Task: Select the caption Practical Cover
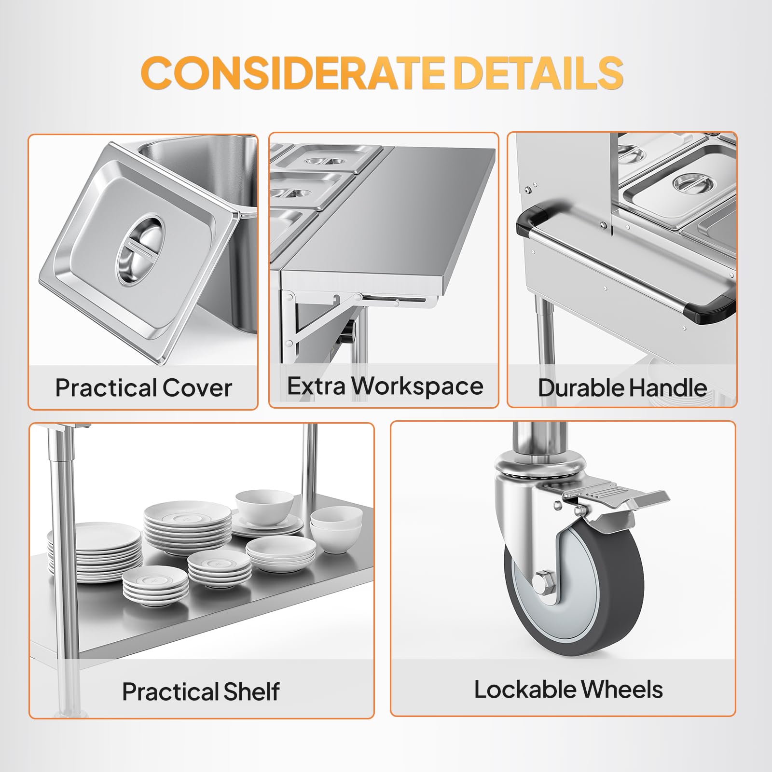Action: click(x=143, y=387)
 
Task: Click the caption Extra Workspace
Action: click(x=385, y=386)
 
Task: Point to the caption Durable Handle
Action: click(x=622, y=387)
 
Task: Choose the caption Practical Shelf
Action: click(x=200, y=691)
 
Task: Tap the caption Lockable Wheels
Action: click(x=568, y=689)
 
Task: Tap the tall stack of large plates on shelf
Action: click(x=95, y=552)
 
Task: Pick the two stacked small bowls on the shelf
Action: click(x=336, y=529)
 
